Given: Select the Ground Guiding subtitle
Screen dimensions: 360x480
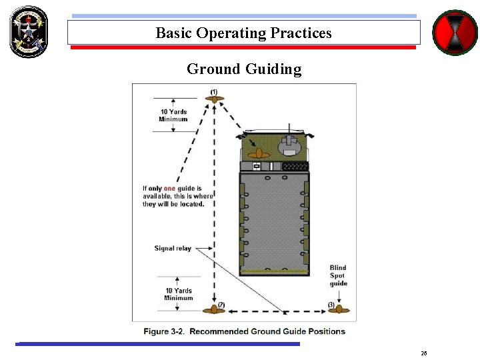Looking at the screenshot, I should click(x=244, y=69).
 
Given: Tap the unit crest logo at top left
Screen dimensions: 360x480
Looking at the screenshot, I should click(x=29, y=31).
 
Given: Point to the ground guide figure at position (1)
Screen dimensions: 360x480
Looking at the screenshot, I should click(x=214, y=99).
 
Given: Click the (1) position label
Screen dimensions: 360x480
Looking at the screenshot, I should click(x=214, y=91).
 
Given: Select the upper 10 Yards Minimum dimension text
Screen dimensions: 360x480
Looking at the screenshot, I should click(x=173, y=115).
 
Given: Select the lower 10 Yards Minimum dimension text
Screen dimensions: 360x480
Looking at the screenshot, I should click(x=178, y=294).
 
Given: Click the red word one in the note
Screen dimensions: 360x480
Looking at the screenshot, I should click(x=169, y=189).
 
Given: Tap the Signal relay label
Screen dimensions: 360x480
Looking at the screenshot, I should click(x=173, y=249).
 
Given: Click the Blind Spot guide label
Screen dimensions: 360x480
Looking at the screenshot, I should click(x=338, y=275).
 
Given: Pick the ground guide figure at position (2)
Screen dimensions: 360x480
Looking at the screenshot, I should click(x=213, y=309).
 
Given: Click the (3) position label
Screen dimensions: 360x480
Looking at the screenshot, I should click(x=331, y=305).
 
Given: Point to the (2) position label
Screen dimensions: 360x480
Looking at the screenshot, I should click(x=221, y=305).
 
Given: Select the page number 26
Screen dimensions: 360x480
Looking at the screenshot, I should click(x=424, y=353).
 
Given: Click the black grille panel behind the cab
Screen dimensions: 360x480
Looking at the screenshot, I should click(x=295, y=166).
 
